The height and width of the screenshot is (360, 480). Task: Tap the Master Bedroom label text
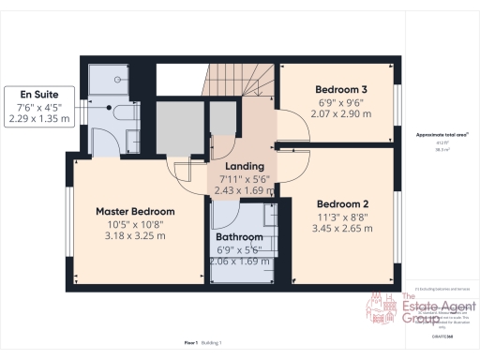137,211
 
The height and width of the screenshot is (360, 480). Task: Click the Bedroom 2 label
341,203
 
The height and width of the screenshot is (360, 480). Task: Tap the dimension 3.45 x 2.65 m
341,228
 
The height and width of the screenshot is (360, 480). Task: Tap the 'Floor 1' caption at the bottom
190,344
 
